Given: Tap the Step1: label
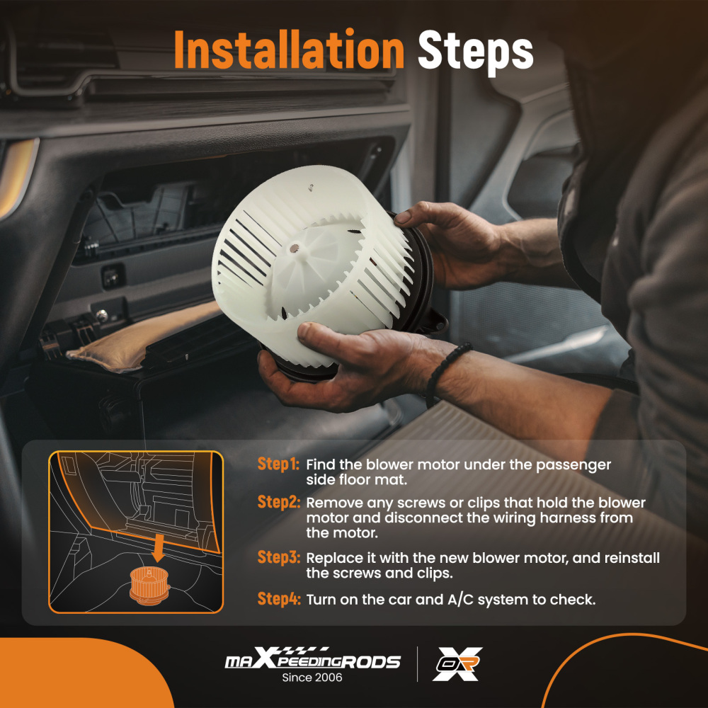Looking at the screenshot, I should [x=278, y=464].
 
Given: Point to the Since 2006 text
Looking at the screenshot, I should [x=312, y=678].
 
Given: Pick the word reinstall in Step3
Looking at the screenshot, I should [x=630, y=559].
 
